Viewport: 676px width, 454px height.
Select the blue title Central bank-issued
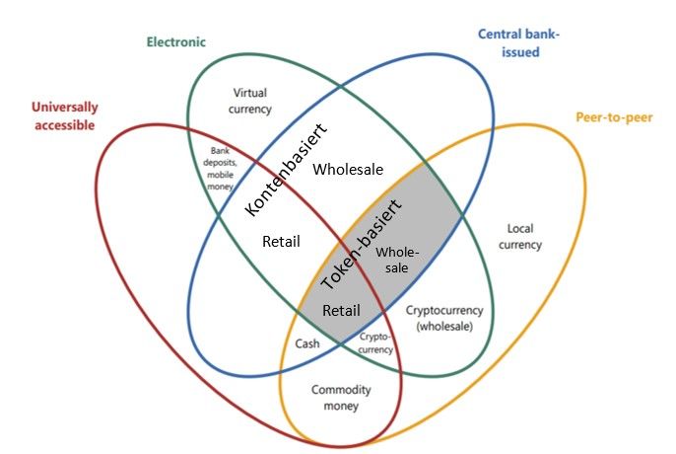click(x=517, y=42)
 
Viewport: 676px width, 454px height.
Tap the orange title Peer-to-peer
click(x=614, y=118)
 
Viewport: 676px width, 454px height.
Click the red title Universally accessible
click(x=62, y=115)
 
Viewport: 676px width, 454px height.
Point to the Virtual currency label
click(x=249, y=101)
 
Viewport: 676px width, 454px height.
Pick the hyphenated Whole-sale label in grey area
click(x=398, y=259)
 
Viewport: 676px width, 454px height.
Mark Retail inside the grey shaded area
click(x=341, y=310)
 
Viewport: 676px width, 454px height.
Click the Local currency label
click(x=519, y=237)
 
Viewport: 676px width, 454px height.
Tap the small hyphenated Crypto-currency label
click(x=375, y=342)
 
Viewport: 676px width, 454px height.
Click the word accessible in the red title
click(x=62, y=125)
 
